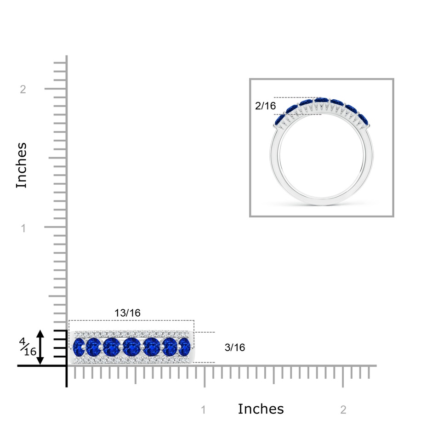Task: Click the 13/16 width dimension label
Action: coord(128,313)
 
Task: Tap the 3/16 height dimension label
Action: coord(235,347)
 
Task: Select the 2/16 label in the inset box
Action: coord(265,106)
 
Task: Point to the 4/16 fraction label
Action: coord(28,347)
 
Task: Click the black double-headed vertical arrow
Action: coord(40,347)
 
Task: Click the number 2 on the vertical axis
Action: coord(23,89)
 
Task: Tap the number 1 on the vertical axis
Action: coord(23,228)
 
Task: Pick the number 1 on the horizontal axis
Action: coord(204,410)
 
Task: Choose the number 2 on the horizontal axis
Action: coord(343,410)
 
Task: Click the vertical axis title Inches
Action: coord(22,165)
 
